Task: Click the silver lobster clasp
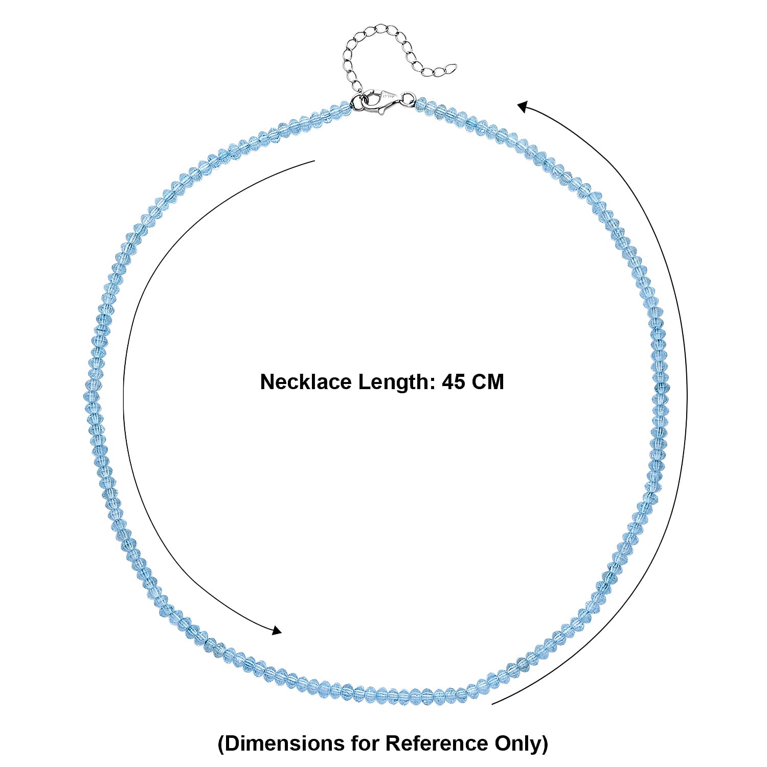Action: click(x=381, y=101)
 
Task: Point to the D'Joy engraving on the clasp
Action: click(x=389, y=96)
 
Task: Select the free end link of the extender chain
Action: click(x=450, y=67)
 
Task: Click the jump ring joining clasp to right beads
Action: click(x=408, y=99)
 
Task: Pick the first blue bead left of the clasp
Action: click(x=346, y=109)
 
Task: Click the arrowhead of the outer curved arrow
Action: click(x=523, y=107)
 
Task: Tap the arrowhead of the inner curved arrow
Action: click(x=276, y=630)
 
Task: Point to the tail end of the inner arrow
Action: click(x=314, y=161)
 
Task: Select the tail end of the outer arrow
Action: click(x=492, y=704)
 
